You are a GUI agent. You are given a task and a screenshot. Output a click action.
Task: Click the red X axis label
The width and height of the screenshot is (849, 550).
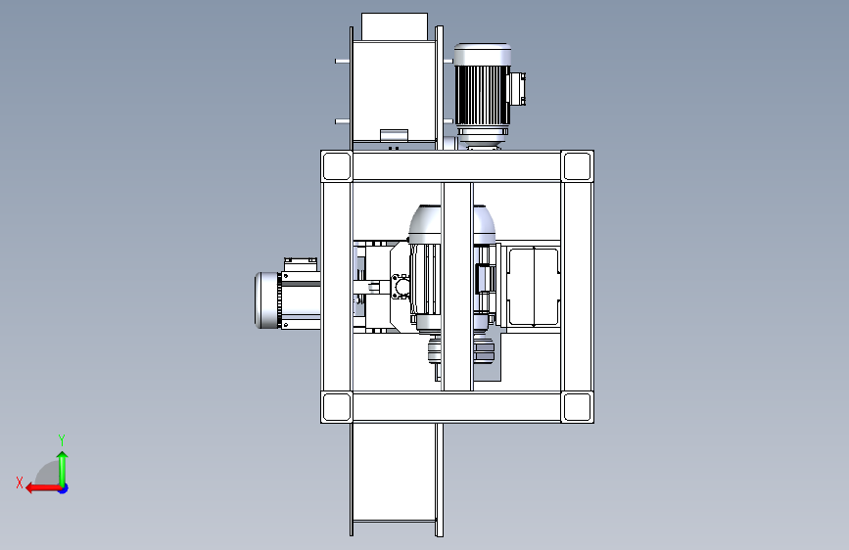(x=20, y=482)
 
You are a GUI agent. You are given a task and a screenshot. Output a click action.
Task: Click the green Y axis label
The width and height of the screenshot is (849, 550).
(x=62, y=439)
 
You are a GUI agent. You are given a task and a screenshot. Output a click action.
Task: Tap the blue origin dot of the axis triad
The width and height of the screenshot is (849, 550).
(x=63, y=488)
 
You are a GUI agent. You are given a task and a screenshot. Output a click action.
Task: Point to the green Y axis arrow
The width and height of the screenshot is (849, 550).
(x=63, y=469)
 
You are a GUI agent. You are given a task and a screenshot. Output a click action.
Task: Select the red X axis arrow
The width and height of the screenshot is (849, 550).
(x=43, y=488)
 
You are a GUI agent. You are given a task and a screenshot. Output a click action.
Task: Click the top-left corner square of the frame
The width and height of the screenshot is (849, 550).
(x=336, y=166)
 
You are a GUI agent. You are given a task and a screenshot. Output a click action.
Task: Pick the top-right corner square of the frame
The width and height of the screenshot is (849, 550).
(x=577, y=166)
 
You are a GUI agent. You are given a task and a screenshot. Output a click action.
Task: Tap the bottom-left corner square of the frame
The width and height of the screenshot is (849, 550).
(x=336, y=407)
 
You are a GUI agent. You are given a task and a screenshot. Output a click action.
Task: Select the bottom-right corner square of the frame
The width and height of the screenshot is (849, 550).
(x=577, y=407)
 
